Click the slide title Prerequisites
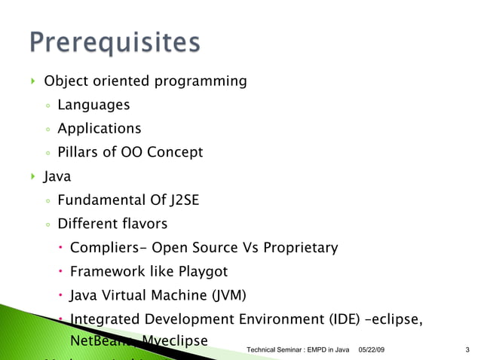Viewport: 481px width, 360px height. tap(115, 42)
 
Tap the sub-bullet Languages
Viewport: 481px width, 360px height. tap(93, 105)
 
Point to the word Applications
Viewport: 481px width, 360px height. tap(99, 129)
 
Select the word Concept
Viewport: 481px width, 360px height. tap(174, 153)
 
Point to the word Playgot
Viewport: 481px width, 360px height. tap(203, 271)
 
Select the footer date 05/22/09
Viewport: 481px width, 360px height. tap(369, 350)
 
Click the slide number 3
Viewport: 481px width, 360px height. tap(467, 350)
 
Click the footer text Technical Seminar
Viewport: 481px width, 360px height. tap(274, 350)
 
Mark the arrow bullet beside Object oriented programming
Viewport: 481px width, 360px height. tap(32, 81)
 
